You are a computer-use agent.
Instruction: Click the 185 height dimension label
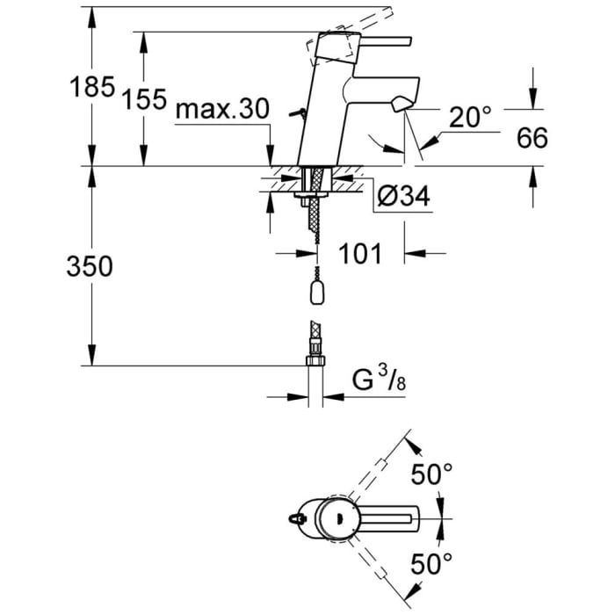click(92, 87)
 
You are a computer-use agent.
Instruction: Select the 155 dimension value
click(144, 99)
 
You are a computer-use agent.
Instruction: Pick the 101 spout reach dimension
click(361, 254)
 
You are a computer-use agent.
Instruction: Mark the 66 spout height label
click(531, 138)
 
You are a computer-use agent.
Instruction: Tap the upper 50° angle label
click(432, 475)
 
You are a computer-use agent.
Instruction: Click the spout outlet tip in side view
click(402, 105)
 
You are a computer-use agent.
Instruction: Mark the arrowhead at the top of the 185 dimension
click(90, 11)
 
